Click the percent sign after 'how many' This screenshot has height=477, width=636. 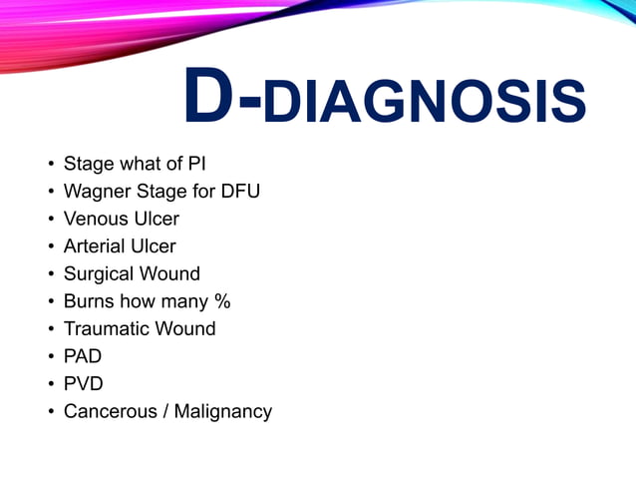pos(222,300)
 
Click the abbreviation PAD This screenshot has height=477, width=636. pos(82,356)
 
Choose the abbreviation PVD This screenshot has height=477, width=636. pos(83,383)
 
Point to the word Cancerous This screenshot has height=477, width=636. pos(109,411)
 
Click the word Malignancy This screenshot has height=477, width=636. pos(222,412)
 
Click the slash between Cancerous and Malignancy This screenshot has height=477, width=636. pos(164,411)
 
